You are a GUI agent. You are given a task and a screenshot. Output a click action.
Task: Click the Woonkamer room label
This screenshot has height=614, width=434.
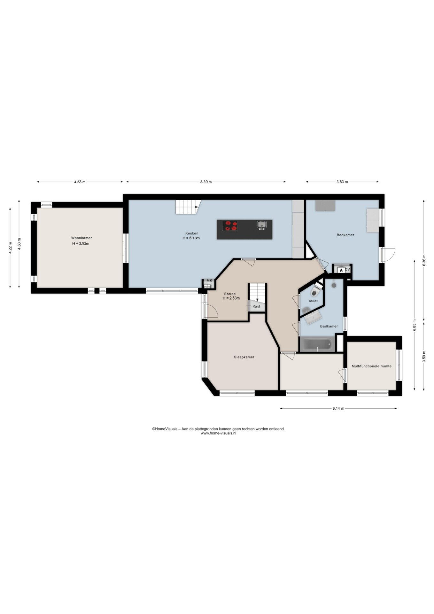tap(81, 238)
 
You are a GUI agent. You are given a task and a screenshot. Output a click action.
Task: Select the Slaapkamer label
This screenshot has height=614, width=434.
tap(244, 357)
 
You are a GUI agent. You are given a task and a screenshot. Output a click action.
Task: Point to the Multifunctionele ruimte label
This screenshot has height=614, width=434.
tap(371, 366)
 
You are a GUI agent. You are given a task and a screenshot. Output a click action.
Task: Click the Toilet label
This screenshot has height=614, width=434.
tap(313, 301)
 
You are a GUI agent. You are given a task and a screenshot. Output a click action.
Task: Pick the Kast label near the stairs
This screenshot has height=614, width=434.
tap(256, 306)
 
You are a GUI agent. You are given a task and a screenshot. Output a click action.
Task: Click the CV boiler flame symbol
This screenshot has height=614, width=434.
tap(341, 270)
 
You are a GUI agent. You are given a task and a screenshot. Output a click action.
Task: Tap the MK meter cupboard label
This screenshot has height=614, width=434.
tap(209, 280)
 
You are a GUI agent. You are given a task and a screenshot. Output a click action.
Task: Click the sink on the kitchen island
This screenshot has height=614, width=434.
tap(262, 225)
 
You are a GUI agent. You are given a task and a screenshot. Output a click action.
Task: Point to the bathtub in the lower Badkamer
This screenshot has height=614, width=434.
tap(318, 345)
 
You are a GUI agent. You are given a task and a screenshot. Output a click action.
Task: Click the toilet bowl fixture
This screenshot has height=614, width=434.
tap(314, 292)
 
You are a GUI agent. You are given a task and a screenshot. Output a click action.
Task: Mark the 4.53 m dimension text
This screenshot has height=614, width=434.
tap(80, 182)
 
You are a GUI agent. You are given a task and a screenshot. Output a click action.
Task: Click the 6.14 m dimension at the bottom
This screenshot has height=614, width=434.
tap(338, 408)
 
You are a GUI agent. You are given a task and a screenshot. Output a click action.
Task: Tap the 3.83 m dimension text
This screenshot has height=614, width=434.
tap(342, 182)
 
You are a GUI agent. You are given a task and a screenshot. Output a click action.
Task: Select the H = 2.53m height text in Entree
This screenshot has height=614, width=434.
tap(231, 298)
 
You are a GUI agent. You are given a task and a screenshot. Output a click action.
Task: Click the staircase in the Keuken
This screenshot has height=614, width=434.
tap(188, 207)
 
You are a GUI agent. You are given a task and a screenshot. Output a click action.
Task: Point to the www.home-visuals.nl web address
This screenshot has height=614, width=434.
tap(218, 433)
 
